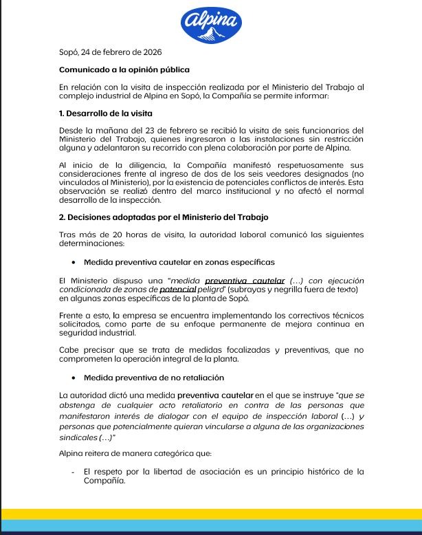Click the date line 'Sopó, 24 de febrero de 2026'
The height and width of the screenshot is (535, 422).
point(111,52)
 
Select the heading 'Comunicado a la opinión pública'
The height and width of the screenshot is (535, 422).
point(124,69)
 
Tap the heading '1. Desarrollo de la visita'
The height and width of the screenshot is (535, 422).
point(106,113)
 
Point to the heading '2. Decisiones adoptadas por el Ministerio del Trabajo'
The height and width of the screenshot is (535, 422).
point(164,217)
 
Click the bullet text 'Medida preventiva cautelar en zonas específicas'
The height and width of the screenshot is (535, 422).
point(179,262)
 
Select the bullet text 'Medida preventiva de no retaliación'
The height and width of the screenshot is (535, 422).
point(154,378)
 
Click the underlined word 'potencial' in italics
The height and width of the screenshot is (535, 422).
point(178,290)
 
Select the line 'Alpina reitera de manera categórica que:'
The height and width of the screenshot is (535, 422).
point(136,453)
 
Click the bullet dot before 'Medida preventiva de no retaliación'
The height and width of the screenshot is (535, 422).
point(74,378)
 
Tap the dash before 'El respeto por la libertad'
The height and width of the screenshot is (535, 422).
point(72,472)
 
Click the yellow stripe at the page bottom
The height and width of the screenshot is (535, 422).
point(211,514)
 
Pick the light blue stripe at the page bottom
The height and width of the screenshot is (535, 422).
point(211,525)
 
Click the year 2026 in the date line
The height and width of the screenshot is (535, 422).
point(151,52)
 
